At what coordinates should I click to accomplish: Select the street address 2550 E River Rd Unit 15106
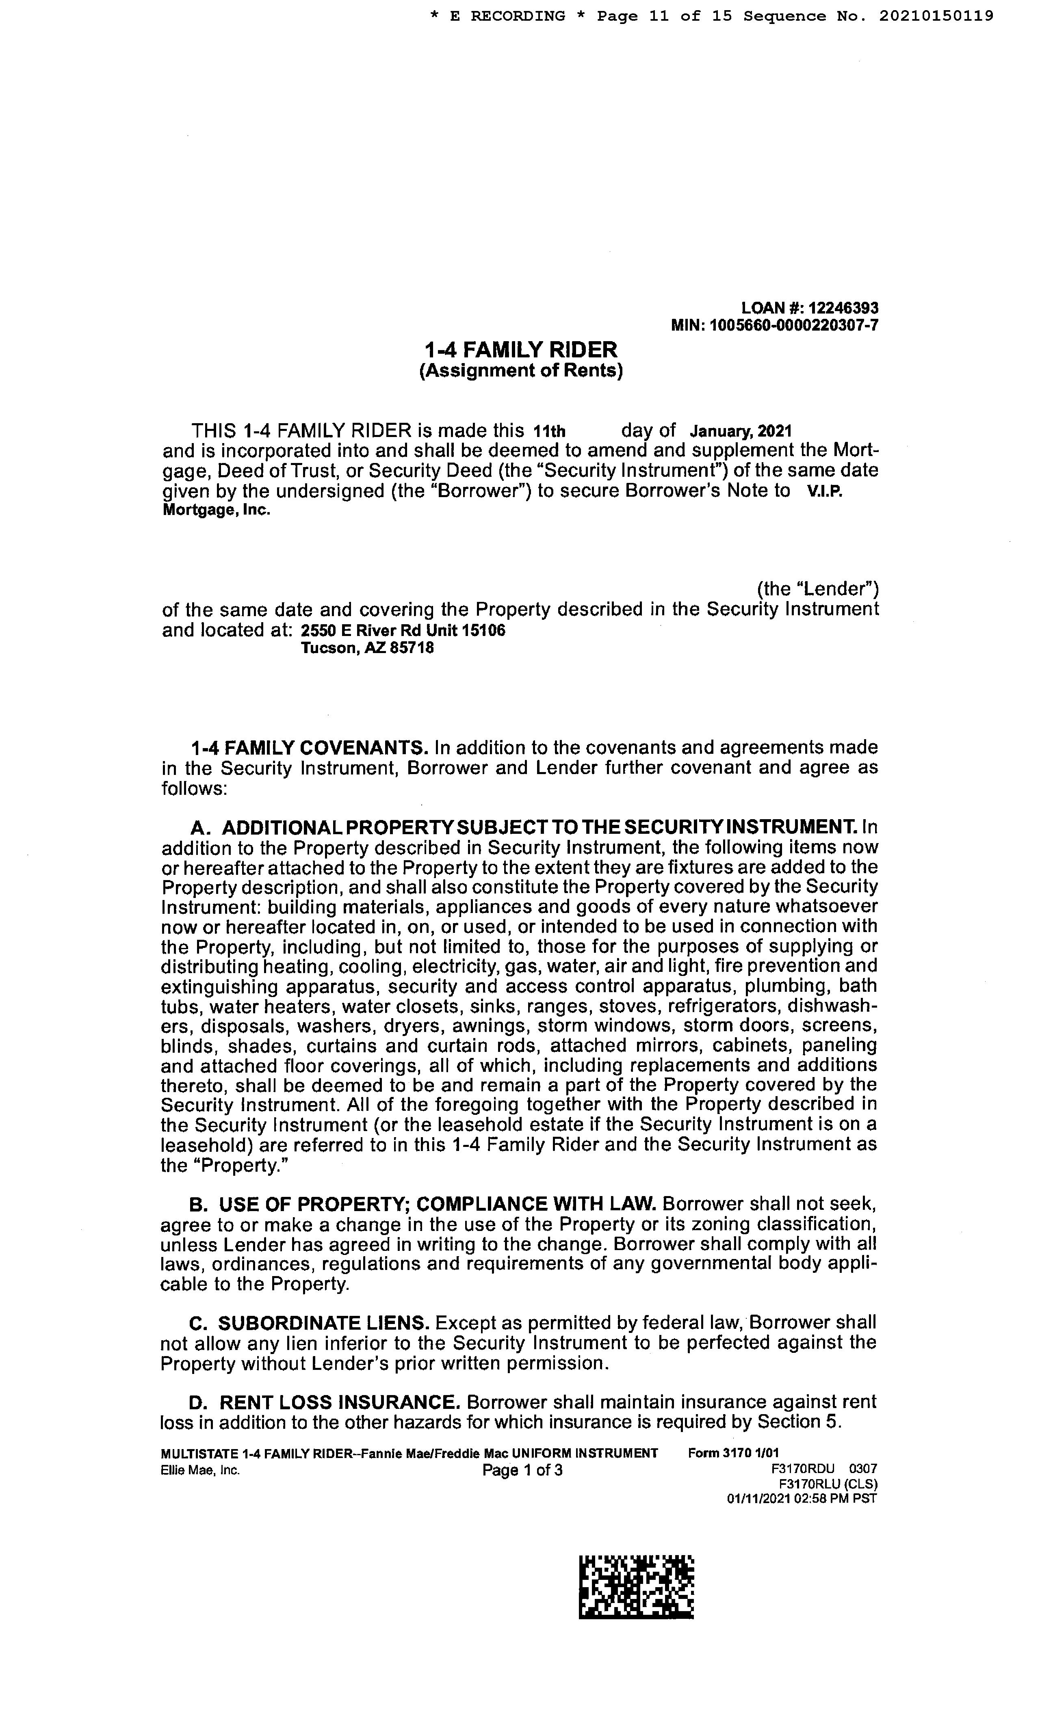[403, 630]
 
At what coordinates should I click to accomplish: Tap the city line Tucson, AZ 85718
[367, 649]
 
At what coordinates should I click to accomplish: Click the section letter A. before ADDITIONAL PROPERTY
[200, 827]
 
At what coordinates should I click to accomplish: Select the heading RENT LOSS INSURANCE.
[339, 1402]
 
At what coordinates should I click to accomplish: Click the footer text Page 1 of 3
[522, 1471]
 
